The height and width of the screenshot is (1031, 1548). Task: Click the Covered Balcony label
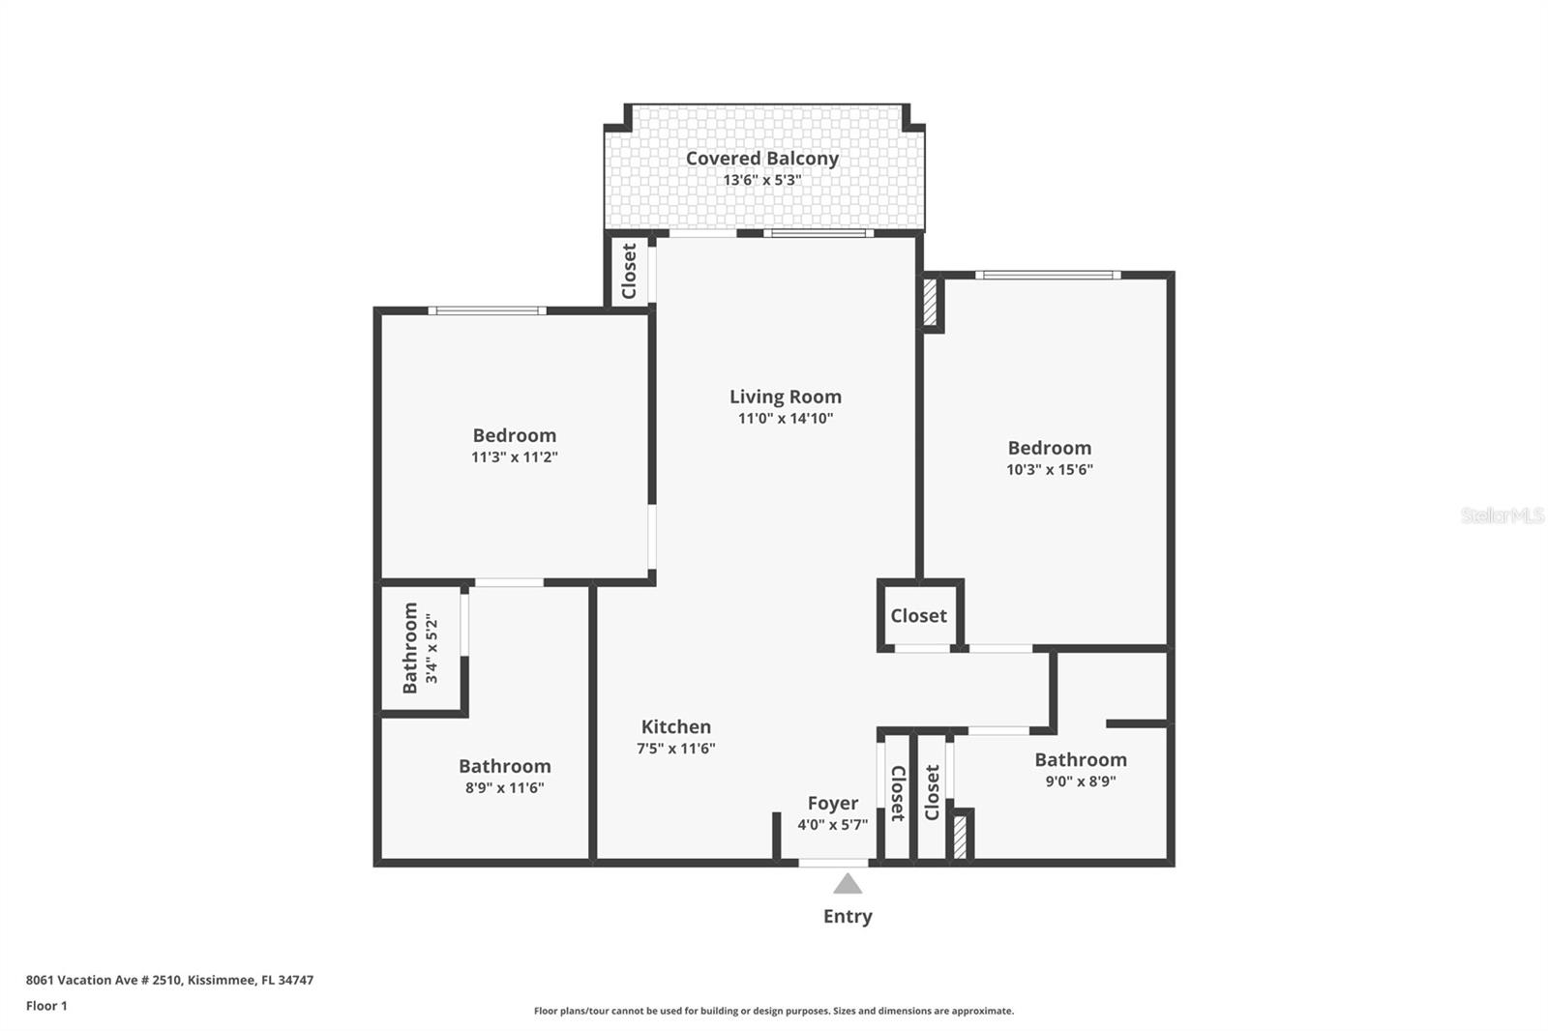(761, 158)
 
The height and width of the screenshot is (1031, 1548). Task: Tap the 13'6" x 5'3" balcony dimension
(761, 180)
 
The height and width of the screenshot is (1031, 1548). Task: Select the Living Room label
(785, 397)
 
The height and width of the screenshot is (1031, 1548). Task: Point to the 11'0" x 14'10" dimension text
(785, 419)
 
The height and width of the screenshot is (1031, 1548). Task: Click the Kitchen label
(675, 726)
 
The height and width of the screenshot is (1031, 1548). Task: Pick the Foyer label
(832, 803)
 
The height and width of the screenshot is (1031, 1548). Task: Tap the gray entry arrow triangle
(848, 884)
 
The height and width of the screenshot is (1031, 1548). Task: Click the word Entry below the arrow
(848, 916)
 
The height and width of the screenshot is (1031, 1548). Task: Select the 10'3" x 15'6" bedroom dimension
(1049, 470)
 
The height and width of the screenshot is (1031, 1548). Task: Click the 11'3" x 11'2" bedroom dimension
(514, 457)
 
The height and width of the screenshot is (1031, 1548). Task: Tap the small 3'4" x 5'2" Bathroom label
(410, 648)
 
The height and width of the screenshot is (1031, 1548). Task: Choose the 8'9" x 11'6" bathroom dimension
(504, 788)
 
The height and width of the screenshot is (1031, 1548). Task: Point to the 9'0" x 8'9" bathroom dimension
(1080, 781)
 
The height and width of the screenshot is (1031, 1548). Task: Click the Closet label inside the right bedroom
(918, 615)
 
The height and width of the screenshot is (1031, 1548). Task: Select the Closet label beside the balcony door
(629, 271)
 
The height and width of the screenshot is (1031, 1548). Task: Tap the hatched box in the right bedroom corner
(930, 303)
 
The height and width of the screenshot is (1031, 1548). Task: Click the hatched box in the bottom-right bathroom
(960, 837)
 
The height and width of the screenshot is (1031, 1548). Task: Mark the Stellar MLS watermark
(1502, 515)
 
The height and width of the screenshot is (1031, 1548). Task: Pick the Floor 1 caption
(46, 1006)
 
